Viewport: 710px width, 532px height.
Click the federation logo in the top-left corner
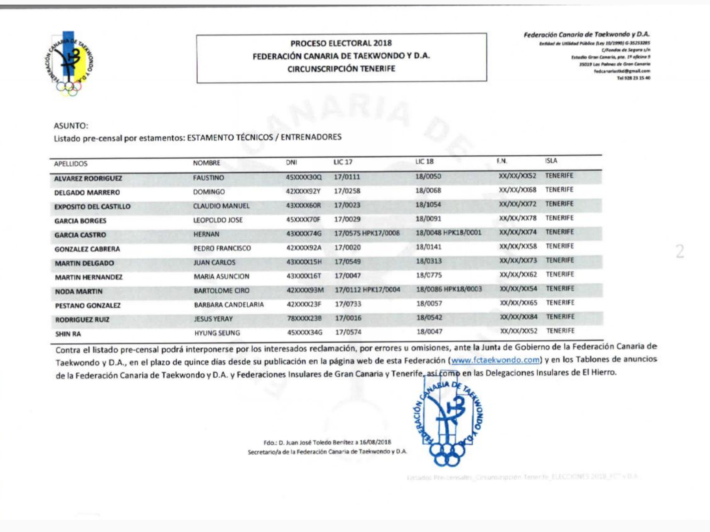[x=69, y=63]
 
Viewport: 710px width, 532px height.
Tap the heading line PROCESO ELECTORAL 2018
[x=341, y=43]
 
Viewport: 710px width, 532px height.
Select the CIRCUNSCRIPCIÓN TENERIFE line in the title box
[x=341, y=69]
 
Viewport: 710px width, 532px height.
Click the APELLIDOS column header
[x=70, y=164]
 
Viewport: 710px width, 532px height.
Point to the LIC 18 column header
[x=424, y=162]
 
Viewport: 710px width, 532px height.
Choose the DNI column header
[x=291, y=162]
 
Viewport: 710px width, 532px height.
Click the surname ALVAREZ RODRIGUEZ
[x=88, y=178]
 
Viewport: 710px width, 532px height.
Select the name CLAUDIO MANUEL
[x=221, y=206]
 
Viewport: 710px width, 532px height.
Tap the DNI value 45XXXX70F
[x=303, y=219]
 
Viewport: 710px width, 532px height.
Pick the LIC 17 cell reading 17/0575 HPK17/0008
[x=366, y=233]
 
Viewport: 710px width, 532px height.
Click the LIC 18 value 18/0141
[x=428, y=247]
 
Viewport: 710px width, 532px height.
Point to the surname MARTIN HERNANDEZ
[x=88, y=277]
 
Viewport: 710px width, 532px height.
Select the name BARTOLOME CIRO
[x=221, y=290]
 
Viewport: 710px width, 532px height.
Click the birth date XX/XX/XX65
[x=518, y=303]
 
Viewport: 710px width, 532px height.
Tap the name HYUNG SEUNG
[x=217, y=333]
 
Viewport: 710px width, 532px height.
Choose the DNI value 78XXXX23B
[x=304, y=318]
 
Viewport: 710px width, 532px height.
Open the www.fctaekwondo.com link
[x=495, y=360]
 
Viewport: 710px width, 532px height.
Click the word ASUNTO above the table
[x=71, y=126]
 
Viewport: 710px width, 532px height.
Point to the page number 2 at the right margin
[x=680, y=251]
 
